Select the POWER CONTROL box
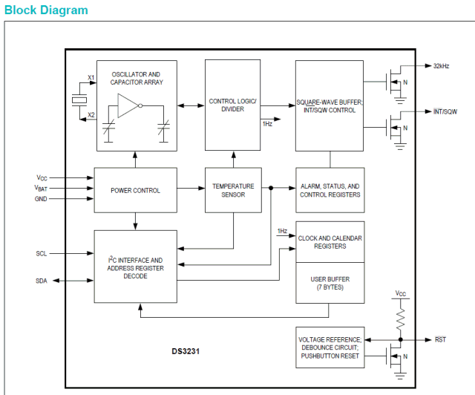(135, 190)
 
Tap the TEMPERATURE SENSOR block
(233, 190)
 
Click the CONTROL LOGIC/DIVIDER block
(232, 105)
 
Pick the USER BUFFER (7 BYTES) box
(330, 283)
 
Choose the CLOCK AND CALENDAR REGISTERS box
(330, 242)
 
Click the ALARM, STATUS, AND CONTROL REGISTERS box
(330, 190)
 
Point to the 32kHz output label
(444, 66)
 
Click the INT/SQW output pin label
(446, 111)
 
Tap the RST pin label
(440, 339)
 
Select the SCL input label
(42, 253)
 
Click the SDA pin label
(42, 281)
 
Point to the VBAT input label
(41, 189)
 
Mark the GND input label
(41, 199)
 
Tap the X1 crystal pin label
(91, 78)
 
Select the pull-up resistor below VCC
(401, 320)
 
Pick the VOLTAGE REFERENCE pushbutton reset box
(330, 347)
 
